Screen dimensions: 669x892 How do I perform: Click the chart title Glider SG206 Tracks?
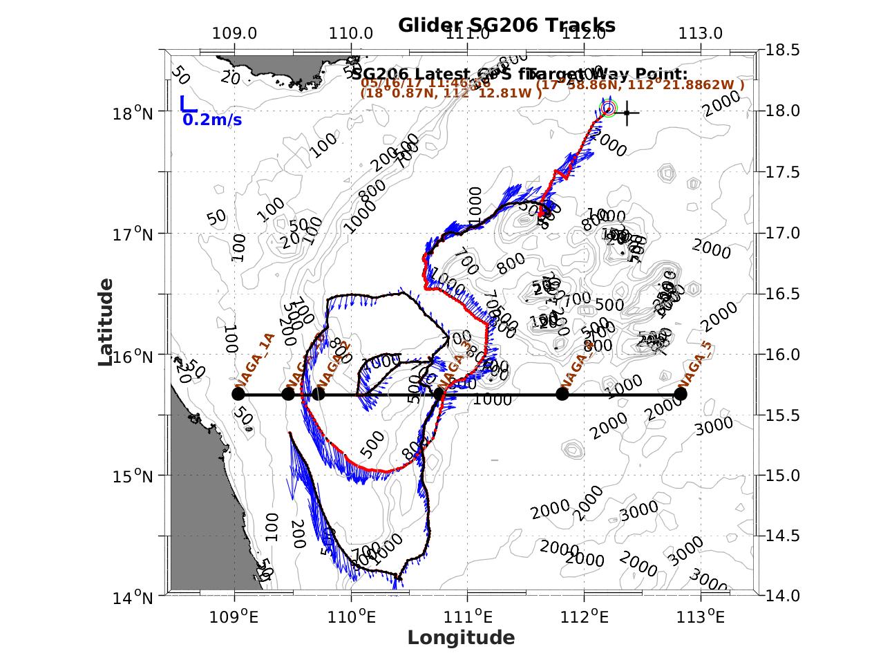tap(506, 26)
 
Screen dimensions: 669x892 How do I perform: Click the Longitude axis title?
tap(461, 637)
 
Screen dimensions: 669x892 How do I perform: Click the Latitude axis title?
tap(106, 322)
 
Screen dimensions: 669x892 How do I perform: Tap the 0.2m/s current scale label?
tap(212, 120)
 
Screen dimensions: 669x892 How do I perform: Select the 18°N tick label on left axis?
tap(133, 112)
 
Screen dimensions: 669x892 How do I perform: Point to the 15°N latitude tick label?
tap(133, 475)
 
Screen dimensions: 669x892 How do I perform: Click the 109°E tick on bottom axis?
tap(236, 615)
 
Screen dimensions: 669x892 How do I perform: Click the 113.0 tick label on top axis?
tap(701, 33)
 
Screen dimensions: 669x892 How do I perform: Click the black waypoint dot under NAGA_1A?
tap(238, 394)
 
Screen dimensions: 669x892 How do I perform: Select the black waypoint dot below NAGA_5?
tap(681, 394)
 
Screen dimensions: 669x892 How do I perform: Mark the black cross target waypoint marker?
tap(627, 113)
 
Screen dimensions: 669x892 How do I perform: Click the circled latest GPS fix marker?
tap(609, 108)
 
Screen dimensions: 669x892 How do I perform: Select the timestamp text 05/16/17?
tap(386, 83)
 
